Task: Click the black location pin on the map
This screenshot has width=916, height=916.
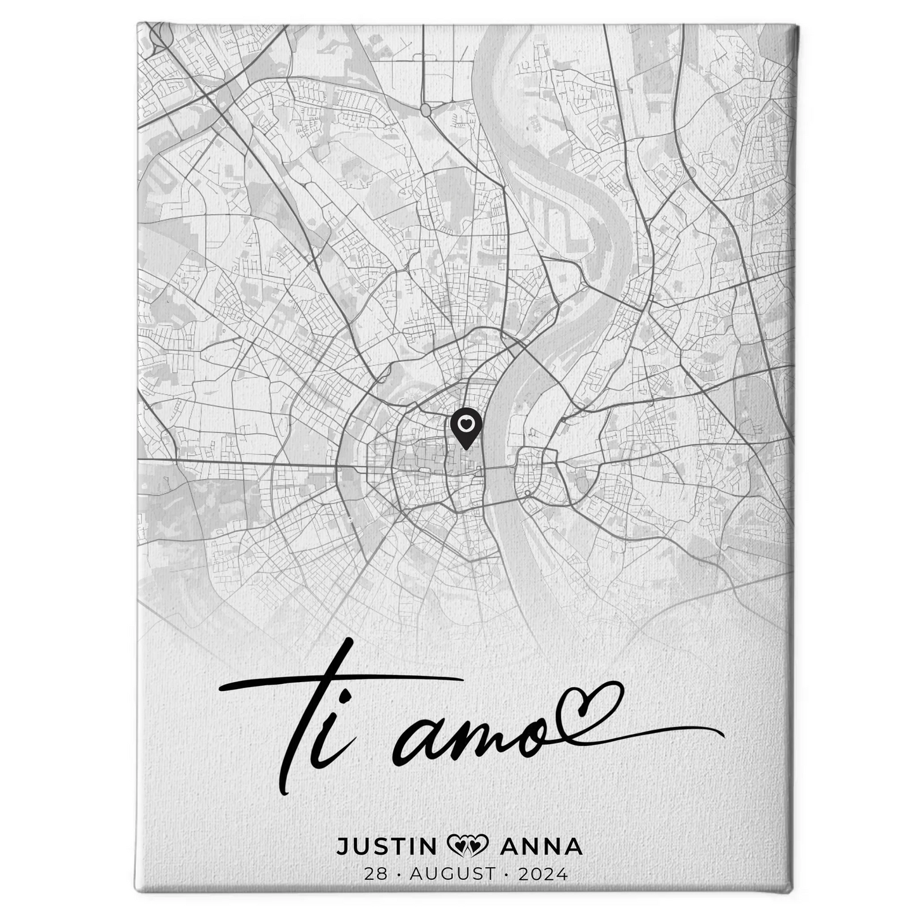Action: (x=466, y=427)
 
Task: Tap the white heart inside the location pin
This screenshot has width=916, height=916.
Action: (x=466, y=422)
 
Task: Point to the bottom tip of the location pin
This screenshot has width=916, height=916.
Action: (x=466, y=449)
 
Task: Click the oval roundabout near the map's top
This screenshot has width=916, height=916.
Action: (x=426, y=110)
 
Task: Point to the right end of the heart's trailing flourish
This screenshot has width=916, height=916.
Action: (x=723, y=734)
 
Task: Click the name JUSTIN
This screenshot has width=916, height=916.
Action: (x=386, y=846)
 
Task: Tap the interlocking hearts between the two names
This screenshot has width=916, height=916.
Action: (x=468, y=846)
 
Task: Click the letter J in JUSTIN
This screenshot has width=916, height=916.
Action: (x=343, y=846)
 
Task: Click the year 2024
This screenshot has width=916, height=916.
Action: (x=543, y=874)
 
